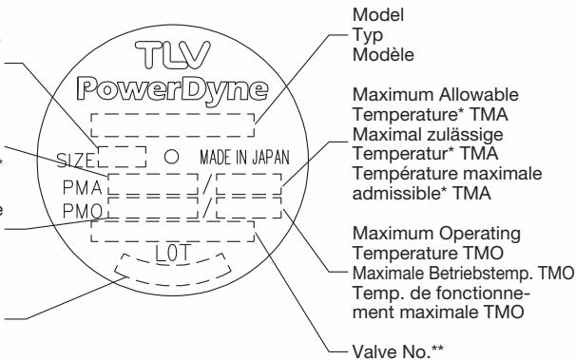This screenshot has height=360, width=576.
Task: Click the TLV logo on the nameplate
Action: (173, 55)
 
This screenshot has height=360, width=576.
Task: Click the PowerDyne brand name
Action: (172, 90)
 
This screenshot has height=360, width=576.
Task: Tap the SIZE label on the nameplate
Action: (75, 161)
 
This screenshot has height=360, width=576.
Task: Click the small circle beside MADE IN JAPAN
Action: (171, 157)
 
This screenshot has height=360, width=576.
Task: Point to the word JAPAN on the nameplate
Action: (271, 158)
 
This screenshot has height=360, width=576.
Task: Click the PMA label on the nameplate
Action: (83, 188)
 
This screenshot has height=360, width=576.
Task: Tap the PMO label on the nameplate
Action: (83, 211)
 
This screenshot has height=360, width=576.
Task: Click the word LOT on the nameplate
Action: (173, 254)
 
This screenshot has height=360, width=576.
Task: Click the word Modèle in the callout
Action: (383, 55)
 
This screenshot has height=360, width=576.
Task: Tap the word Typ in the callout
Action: (368, 36)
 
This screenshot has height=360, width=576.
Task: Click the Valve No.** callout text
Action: (398, 351)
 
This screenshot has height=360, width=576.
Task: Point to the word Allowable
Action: (479, 95)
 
